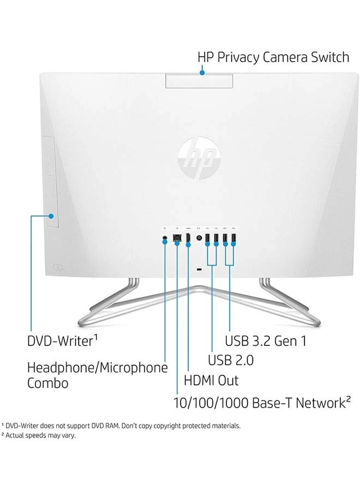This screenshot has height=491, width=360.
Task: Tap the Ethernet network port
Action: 177,238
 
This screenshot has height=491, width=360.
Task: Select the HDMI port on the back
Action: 188,238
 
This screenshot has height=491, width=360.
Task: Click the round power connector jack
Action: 199,238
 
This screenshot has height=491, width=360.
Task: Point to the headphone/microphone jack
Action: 165,238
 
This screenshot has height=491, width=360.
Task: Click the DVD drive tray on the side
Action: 51,180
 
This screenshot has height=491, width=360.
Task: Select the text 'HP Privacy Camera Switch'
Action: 273,57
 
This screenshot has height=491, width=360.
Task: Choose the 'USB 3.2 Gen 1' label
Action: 266,341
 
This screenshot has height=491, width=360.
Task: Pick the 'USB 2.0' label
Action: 231,360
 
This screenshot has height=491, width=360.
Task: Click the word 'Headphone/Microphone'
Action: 97,367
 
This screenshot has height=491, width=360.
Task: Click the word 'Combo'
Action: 48,383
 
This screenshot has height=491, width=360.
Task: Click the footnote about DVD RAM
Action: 121,425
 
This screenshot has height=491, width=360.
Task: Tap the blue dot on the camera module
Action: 202,71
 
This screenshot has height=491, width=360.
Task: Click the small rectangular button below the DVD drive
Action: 58,267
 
